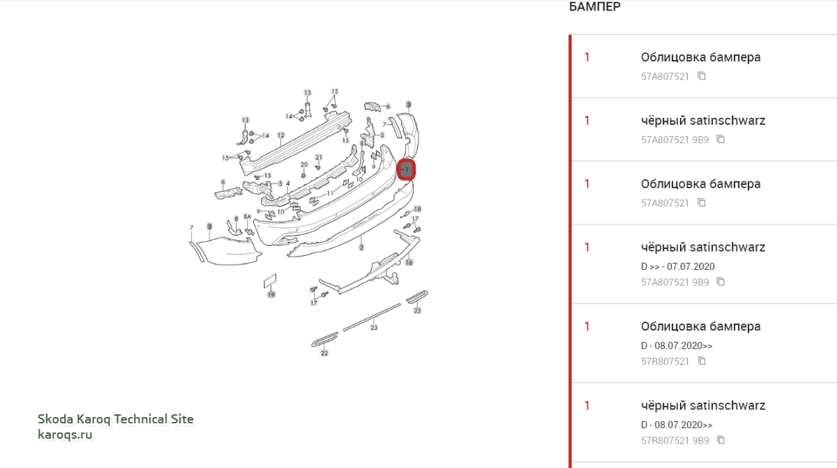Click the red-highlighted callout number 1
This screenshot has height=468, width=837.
pos(406,170)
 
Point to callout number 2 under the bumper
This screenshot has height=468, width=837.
pos(361,248)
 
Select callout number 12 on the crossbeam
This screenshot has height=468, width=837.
pos(281,135)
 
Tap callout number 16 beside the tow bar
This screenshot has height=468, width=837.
pos(409,262)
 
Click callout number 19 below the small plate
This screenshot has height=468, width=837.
pos(271,295)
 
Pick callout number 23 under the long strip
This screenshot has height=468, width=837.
pos(374,328)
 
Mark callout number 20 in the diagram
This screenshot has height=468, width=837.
pos(304,165)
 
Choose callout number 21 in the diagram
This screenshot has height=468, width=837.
pos(319,157)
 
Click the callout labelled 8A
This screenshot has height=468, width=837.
pos(248,217)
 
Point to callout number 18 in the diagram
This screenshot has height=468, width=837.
pos(417,209)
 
